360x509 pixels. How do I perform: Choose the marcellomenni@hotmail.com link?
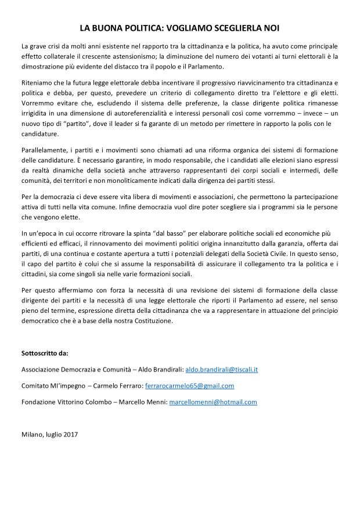[213, 402]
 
